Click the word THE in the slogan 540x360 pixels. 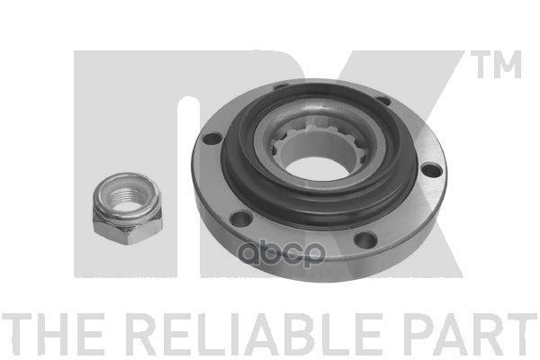click(53, 335)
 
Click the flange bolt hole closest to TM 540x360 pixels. click(383, 101)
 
